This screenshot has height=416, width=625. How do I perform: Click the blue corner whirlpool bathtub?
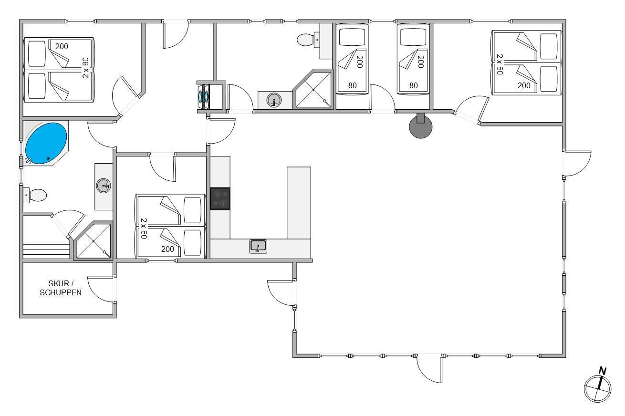[46, 143]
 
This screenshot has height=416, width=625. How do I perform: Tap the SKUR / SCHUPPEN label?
[61, 288]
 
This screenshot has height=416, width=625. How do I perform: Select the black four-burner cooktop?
[220, 198]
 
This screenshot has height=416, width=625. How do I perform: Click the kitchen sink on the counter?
[258, 246]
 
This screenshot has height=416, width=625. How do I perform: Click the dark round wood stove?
[420, 126]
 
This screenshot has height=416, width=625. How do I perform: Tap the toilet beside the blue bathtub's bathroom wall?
[35, 195]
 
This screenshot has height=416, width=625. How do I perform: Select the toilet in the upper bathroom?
[308, 40]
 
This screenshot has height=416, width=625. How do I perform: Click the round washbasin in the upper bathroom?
[274, 100]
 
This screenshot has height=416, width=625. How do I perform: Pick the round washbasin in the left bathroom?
[104, 186]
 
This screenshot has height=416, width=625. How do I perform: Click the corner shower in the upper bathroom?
[313, 89]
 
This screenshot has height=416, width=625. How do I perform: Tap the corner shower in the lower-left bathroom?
[94, 241]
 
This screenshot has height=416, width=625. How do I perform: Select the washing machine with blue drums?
[204, 96]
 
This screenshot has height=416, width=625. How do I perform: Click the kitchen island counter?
[299, 203]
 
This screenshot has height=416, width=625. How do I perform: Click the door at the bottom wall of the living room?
[429, 369]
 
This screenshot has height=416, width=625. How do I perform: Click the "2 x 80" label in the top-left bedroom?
[86, 68]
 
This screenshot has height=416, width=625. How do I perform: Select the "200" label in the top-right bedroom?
[524, 85]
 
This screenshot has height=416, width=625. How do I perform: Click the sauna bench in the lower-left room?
[46, 251]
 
